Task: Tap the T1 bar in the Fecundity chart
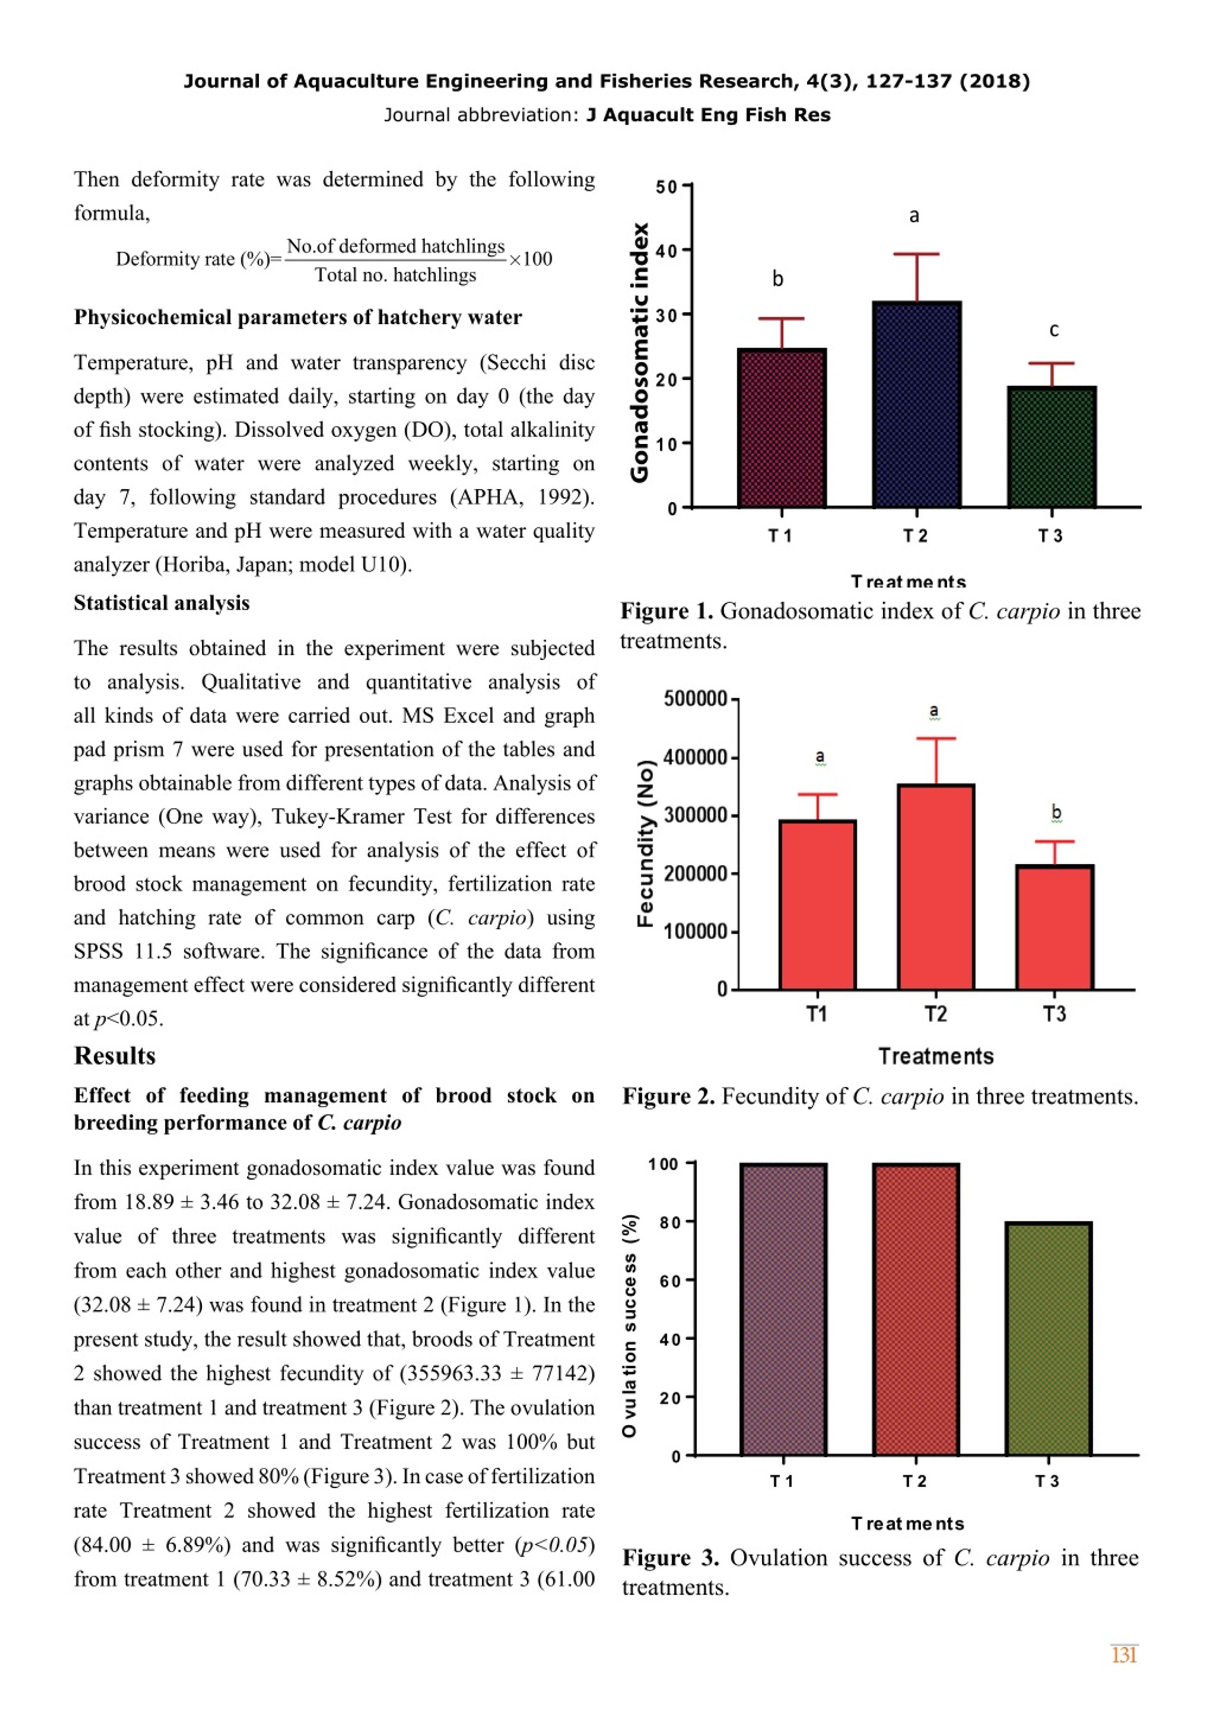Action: [x=818, y=905]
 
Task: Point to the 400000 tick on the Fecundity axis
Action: [x=696, y=757]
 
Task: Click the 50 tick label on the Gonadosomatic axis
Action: [x=667, y=187]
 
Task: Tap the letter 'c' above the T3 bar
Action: [x=1054, y=330]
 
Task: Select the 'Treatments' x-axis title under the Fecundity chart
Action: [x=936, y=1056]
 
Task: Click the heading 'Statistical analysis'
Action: [x=161, y=603]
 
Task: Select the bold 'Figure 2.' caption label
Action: [x=669, y=1097]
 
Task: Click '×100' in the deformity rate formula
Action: [x=531, y=259]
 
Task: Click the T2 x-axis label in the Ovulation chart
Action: [x=914, y=1482]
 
